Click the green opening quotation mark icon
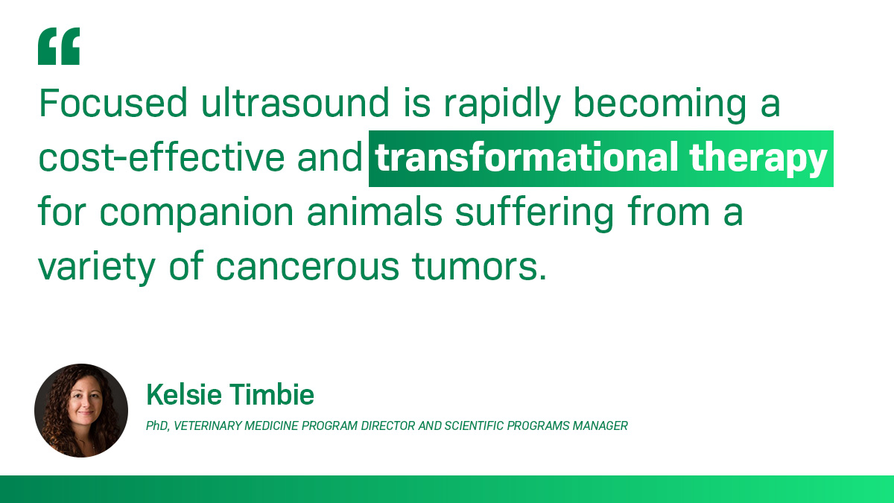[x=59, y=47]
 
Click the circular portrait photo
[x=81, y=410]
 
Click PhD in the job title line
[x=157, y=426]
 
